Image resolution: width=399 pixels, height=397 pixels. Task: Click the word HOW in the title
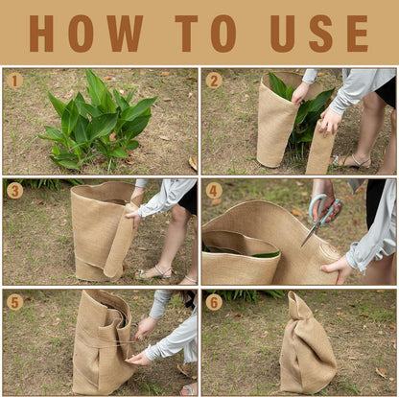coord(86,34)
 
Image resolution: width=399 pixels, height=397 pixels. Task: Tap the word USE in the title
coord(319,34)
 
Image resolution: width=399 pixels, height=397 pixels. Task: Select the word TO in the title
coord(205,34)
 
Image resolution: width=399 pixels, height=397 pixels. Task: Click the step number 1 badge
coord(15,81)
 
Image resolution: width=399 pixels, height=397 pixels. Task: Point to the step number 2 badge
coord(214,81)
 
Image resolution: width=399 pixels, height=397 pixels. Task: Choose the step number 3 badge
coord(15,191)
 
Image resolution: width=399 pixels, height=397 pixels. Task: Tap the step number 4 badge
coord(214,191)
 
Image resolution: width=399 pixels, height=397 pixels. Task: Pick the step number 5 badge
coord(15,302)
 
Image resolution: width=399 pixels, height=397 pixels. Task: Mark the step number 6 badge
coord(214,302)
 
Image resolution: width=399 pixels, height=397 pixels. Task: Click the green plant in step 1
coord(98,122)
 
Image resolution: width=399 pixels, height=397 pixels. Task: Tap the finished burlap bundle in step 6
coord(307,343)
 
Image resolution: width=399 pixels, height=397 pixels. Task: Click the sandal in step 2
coord(352,161)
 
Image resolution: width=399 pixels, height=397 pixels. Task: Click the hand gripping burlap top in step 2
coord(300,93)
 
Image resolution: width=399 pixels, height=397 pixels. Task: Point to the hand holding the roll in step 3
coord(134,219)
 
